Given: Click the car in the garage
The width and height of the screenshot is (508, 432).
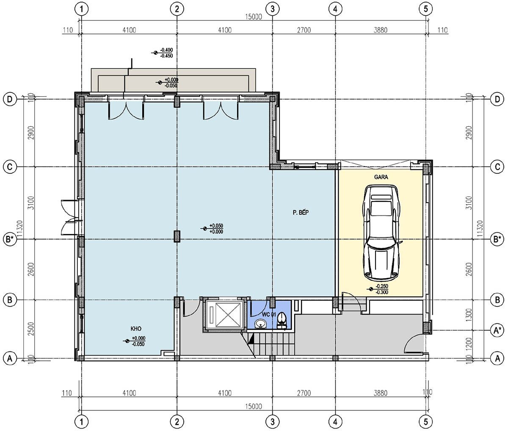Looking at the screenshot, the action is click(x=381, y=233).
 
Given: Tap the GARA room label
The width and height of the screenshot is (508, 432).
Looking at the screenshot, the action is click(x=381, y=177).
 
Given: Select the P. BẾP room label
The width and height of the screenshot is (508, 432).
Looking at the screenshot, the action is click(x=301, y=212).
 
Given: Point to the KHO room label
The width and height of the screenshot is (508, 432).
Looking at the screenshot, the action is click(x=136, y=329).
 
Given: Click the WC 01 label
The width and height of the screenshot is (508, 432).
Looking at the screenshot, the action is click(x=269, y=315).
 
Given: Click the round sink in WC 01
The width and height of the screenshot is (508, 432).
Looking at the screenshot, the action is click(x=260, y=324).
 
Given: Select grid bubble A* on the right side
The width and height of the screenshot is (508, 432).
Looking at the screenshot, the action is click(x=497, y=330).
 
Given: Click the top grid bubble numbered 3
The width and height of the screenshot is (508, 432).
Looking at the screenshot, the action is click(x=272, y=9).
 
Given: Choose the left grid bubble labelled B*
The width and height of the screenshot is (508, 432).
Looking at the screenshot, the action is click(x=10, y=239).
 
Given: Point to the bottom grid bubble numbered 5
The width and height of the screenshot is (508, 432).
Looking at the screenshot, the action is click(x=426, y=422).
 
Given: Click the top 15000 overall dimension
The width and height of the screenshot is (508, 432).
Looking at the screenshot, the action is click(x=254, y=17).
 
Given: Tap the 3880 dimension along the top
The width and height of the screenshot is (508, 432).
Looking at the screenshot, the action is click(x=381, y=30).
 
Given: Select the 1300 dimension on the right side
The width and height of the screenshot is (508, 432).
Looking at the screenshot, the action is click(x=469, y=315).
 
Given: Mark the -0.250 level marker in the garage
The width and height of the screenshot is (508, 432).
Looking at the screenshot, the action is click(x=379, y=290).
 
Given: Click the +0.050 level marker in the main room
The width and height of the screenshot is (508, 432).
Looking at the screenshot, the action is click(x=213, y=229).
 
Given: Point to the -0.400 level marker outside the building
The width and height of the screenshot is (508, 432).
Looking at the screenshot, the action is click(x=163, y=53).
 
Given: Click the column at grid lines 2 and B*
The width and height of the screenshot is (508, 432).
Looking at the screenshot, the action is click(x=177, y=236).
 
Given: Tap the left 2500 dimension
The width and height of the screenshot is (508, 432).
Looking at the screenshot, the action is click(x=31, y=329).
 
